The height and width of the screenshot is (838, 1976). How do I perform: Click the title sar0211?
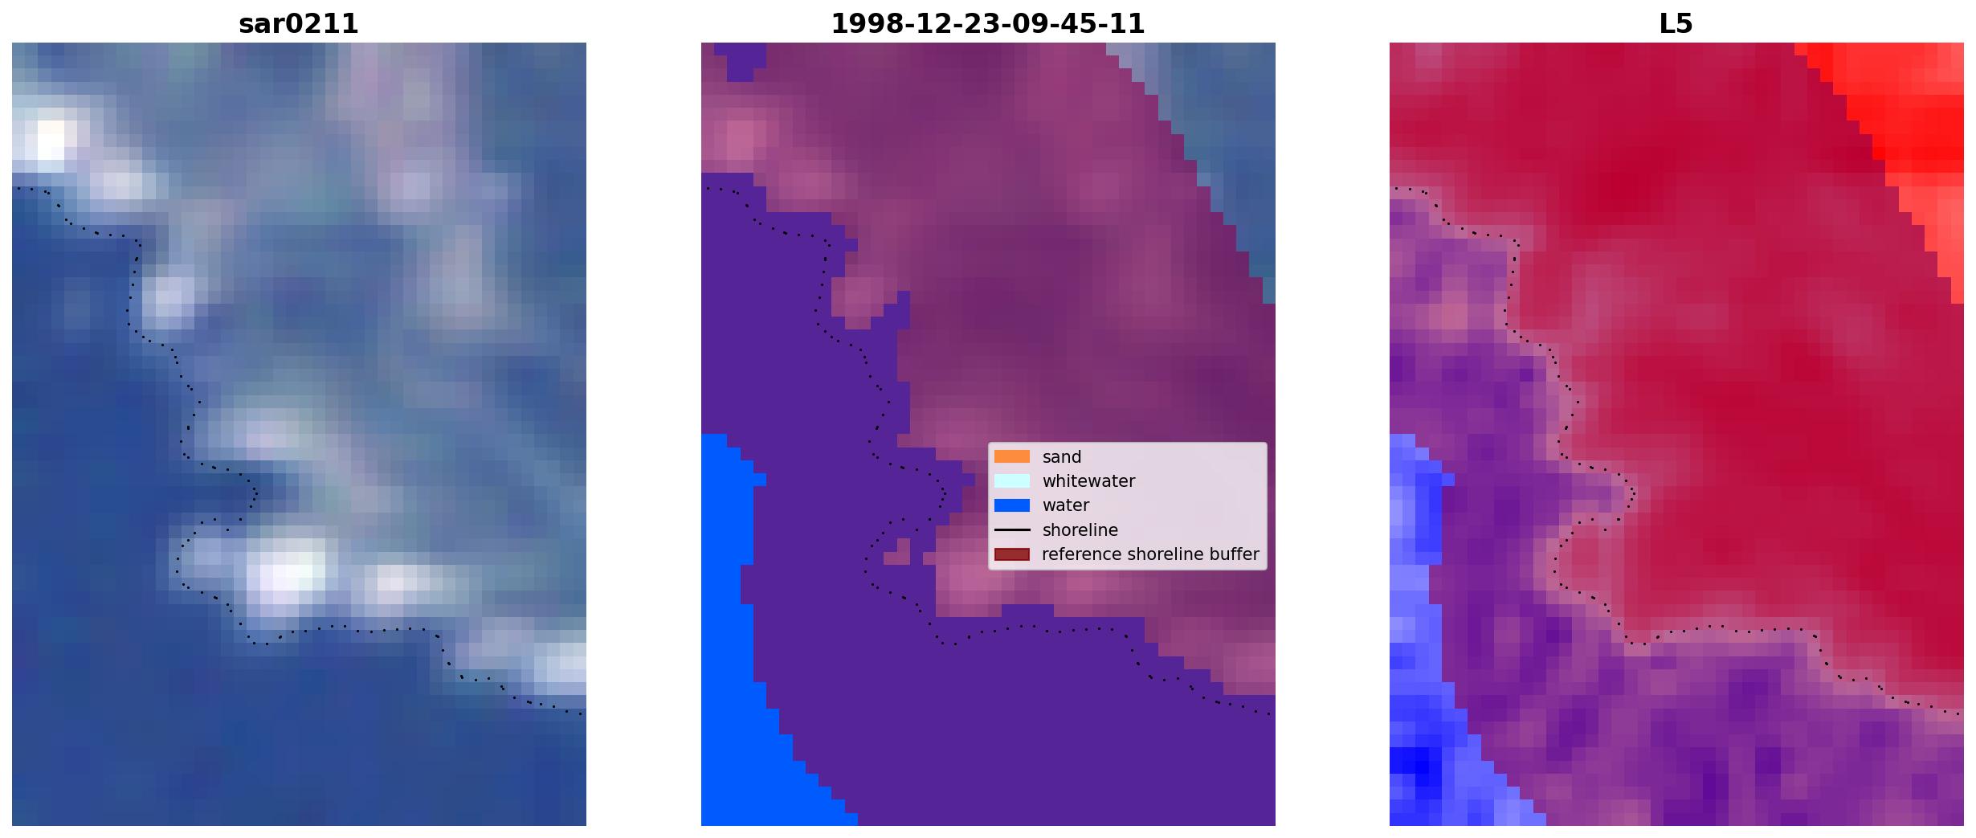(x=298, y=24)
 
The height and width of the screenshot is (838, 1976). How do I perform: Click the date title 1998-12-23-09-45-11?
(x=987, y=24)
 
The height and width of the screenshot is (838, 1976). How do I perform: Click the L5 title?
(x=1676, y=24)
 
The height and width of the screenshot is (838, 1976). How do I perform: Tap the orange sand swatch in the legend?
(x=1011, y=456)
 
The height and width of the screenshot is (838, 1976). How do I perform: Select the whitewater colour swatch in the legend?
(x=1011, y=480)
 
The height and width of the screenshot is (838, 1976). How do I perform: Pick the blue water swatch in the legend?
(x=1011, y=505)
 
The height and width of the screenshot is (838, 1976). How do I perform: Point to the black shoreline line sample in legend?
(x=1011, y=530)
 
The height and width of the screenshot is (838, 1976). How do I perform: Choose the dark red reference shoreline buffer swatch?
(x=1011, y=554)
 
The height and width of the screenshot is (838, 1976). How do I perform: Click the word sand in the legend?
(x=1062, y=457)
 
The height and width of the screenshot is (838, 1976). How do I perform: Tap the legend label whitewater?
(x=1088, y=481)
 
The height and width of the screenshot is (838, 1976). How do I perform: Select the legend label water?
(x=1066, y=505)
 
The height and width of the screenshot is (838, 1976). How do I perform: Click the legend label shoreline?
(x=1080, y=530)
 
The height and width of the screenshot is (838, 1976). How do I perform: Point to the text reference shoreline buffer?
(x=1150, y=554)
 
